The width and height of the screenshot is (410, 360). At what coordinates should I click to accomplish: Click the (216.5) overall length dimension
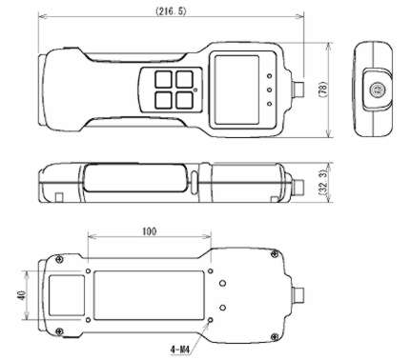click(x=171, y=11)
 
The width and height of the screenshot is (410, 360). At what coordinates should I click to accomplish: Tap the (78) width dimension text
click(x=322, y=90)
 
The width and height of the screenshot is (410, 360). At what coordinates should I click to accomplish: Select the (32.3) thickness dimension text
click(x=322, y=183)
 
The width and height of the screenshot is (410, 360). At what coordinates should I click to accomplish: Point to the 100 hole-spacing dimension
click(x=149, y=231)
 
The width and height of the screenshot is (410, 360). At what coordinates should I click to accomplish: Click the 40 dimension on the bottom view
click(x=22, y=295)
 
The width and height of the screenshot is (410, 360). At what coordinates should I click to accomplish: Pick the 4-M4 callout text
click(x=180, y=350)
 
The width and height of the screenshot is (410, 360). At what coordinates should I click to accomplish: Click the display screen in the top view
click(x=236, y=90)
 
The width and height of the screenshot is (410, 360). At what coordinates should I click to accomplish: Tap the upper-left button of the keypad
click(x=163, y=79)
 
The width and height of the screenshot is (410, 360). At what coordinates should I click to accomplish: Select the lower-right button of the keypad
click(x=185, y=100)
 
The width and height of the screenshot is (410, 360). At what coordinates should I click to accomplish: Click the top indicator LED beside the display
click(x=270, y=76)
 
